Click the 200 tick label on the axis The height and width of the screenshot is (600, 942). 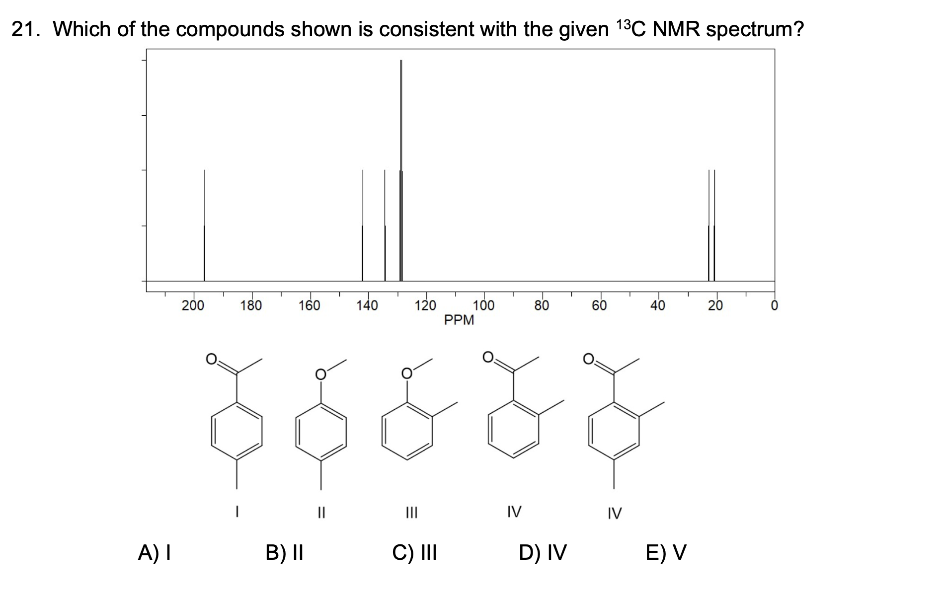point(193,305)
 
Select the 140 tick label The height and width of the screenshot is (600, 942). point(367,305)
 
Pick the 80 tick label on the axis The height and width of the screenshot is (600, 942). point(542,305)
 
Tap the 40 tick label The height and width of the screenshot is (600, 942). point(658,305)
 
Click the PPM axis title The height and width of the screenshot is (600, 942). point(459,320)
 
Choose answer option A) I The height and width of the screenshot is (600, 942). point(155,552)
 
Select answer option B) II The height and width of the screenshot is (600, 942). point(284,552)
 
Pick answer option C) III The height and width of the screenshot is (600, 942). point(414,552)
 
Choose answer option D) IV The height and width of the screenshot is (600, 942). point(543,552)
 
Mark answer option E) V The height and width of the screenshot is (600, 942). point(666,552)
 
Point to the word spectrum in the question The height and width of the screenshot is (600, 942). point(754,30)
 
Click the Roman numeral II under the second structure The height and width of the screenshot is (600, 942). point(321,512)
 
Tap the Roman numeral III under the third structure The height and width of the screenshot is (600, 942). point(412,512)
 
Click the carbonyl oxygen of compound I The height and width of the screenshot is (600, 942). point(212,358)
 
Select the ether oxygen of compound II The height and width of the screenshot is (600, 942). point(321,374)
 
